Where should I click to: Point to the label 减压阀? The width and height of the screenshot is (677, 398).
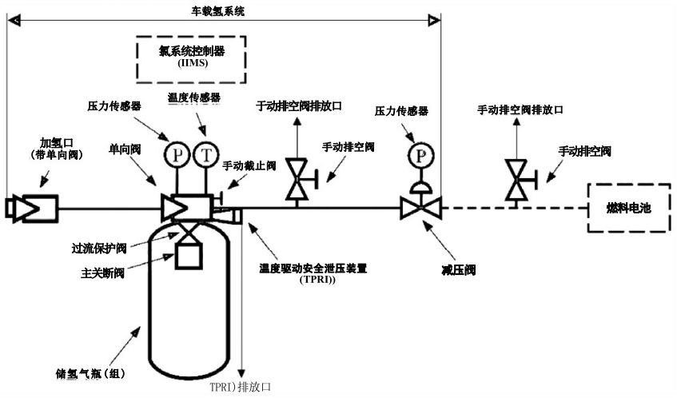pos(460,270)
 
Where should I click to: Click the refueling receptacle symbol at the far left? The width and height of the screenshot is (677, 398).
pos(31,209)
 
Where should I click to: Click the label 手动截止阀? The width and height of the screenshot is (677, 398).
pos(249,165)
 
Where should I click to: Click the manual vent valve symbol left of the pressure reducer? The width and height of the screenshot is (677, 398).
pos(299,181)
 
